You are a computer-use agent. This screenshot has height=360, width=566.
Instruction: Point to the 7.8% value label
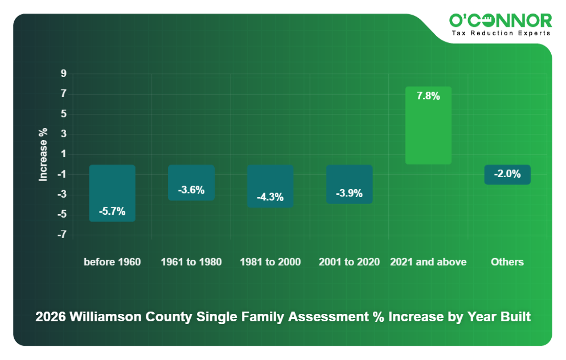(428, 96)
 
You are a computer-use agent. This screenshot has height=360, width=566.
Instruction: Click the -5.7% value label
(112, 211)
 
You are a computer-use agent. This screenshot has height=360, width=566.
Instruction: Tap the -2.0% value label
(507, 174)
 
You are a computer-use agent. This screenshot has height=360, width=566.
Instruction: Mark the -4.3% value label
(270, 197)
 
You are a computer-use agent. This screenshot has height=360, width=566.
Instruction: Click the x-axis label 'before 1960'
(112, 262)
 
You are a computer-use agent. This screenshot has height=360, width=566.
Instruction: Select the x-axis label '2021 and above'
(428, 262)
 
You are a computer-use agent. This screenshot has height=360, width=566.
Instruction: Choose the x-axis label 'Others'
(507, 262)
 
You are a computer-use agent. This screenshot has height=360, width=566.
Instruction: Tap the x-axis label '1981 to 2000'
(270, 262)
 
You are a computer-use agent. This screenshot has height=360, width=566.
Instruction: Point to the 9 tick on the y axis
(64, 73)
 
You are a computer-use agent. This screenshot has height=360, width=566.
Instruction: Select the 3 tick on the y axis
(64, 134)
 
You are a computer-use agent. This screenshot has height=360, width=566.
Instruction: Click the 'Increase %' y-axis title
(43, 154)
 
